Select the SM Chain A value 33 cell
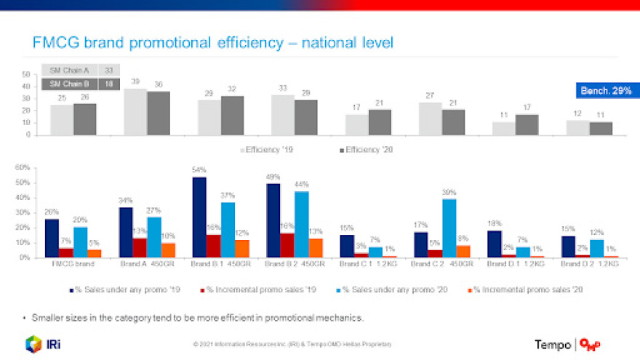point(108,71)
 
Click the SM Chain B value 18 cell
point(108,84)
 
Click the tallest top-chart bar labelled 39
point(135,112)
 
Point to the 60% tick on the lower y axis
point(22,167)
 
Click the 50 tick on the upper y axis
point(25,74)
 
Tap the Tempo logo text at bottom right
point(553,345)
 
